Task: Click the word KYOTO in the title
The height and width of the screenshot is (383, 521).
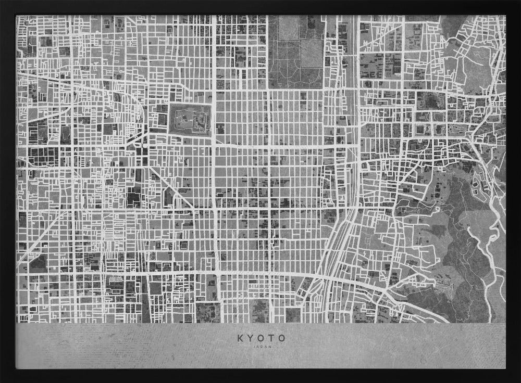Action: click(x=262, y=338)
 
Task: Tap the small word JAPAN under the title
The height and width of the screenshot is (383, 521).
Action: click(x=262, y=346)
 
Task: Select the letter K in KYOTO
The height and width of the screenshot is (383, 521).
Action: click(x=240, y=338)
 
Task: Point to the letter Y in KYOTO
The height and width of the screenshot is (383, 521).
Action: click(x=251, y=338)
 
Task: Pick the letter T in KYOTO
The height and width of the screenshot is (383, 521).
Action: click(x=272, y=338)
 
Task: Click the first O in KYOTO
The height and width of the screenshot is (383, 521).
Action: click(x=261, y=338)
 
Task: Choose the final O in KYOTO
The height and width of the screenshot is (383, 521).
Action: click(x=282, y=338)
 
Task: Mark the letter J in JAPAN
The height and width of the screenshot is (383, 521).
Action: click(x=254, y=346)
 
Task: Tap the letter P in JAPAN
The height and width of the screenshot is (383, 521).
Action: click(x=262, y=346)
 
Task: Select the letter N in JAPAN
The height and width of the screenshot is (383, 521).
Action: click(x=269, y=346)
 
